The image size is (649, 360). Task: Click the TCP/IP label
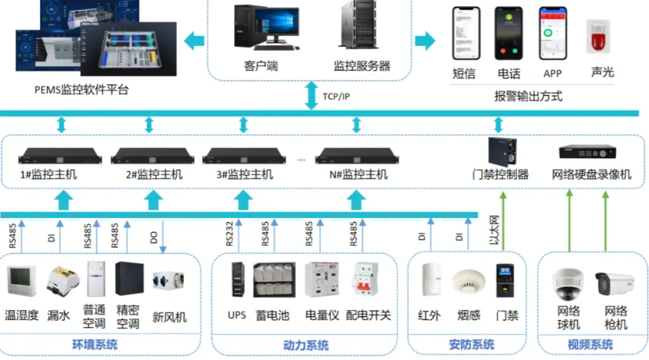point(335,96)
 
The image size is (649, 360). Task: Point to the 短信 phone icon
point(465,34)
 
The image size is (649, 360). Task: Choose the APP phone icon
point(552,34)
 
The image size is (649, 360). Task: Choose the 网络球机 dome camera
point(568,283)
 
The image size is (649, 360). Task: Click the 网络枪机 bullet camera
point(614,285)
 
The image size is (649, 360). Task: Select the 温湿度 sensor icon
point(21,282)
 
